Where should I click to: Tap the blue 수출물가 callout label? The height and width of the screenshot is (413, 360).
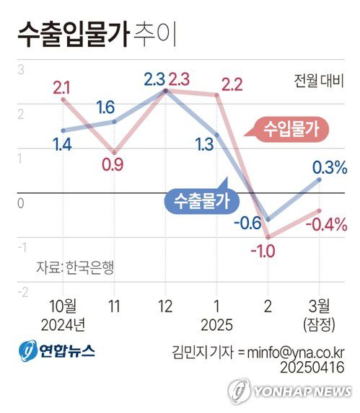pyautogui.click(x=197, y=200)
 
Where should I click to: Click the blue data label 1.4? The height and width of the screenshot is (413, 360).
pyautogui.click(x=61, y=144)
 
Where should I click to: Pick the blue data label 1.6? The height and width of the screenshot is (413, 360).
pyautogui.click(x=105, y=108)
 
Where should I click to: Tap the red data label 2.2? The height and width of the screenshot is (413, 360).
pyautogui.click(x=232, y=84)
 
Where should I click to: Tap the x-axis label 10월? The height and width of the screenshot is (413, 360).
pyautogui.click(x=63, y=306)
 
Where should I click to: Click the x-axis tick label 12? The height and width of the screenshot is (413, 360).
pyautogui.click(x=165, y=306)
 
